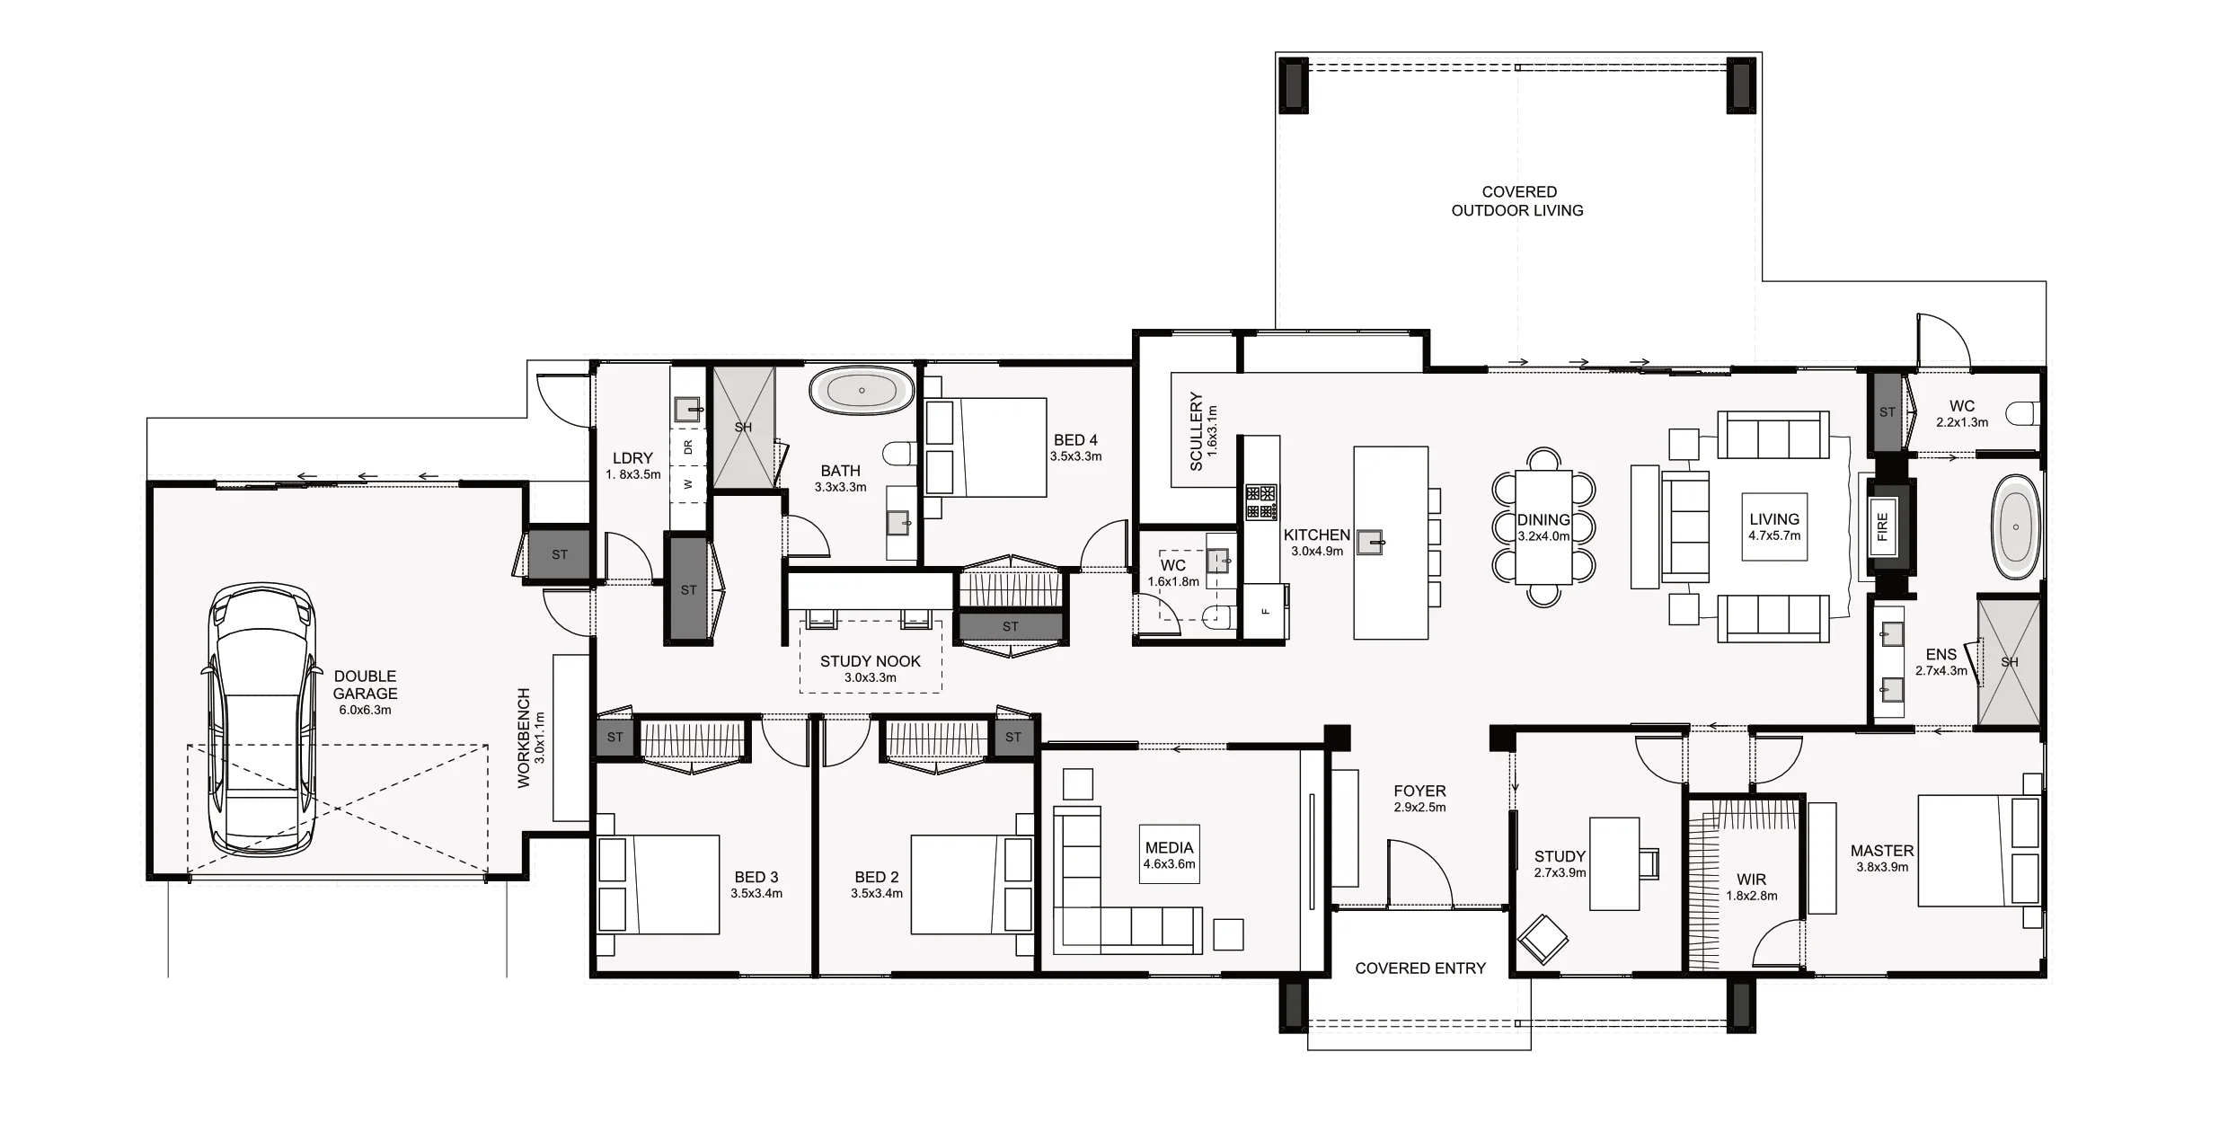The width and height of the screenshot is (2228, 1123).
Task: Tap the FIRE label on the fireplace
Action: (x=1882, y=527)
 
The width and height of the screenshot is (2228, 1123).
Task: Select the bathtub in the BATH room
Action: (x=862, y=391)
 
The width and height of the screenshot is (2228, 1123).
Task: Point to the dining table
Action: (x=1543, y=527)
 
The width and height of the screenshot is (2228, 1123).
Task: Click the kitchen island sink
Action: (x=1370, y=542)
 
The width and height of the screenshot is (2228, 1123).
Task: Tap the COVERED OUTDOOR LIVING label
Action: (x=1518, y=201)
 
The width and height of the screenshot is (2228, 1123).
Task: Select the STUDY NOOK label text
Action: (x=870, y=661)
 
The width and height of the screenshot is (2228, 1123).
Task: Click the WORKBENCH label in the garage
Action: (x=525, y=738)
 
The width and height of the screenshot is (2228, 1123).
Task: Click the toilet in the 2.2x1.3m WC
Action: (x=2026, y=413)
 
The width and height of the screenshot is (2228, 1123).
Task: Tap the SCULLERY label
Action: (x=1196, y=431)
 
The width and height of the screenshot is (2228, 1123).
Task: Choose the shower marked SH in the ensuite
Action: (x=2009, y=662)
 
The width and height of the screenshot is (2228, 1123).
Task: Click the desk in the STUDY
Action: (x=1614, y=863)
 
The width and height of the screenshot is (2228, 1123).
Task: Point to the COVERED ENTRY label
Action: (x=1420, y=968)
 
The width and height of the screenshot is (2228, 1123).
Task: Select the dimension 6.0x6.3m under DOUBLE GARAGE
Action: (x=365, y=710)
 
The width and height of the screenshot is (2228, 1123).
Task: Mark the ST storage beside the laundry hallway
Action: (x=688, y=589)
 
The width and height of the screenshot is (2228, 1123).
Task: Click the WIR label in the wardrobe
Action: (x=1751, y=880)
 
